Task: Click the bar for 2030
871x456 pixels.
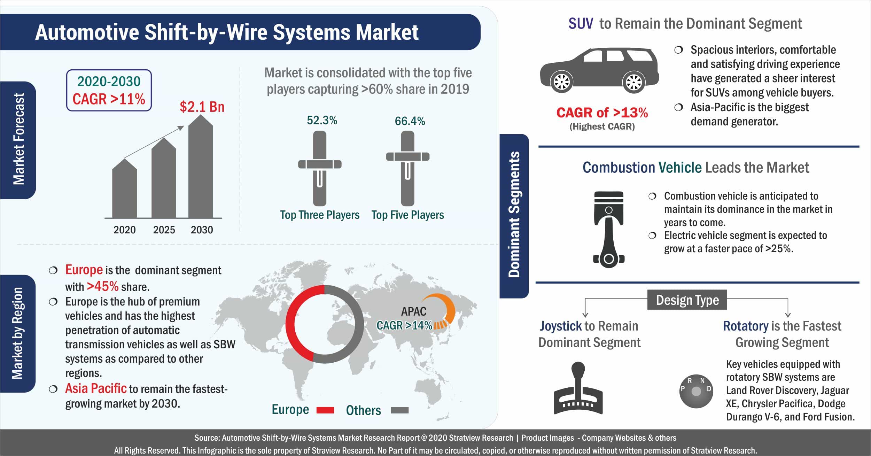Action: click(201, 167)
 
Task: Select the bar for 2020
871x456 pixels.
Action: click(124, 189)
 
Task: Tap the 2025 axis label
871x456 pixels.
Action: click(164, 230)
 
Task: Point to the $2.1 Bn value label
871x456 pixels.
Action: click(202, 107)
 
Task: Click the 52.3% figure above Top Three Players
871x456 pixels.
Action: click(322, 121)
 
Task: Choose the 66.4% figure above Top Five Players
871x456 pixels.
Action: click(410, 121)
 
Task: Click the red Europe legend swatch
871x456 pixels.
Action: click(325, 410)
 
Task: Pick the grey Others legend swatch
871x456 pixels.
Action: click(400, 410)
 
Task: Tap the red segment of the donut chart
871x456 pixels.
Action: click(291, 324)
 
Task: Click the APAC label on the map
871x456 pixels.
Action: click(414, 311)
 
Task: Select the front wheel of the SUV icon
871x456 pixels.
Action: click(562, 82)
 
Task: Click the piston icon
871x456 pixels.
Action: click(609, 229)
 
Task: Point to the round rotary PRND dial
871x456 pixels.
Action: click(696, 392)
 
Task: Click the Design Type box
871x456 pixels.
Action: click(687, 300)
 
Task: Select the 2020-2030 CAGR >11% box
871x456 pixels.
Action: click(109, 90)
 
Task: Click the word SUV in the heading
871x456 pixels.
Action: click(581, 24)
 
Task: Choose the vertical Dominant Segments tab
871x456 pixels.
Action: click(514, 216)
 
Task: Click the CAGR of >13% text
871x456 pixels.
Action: click(602, 113)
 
